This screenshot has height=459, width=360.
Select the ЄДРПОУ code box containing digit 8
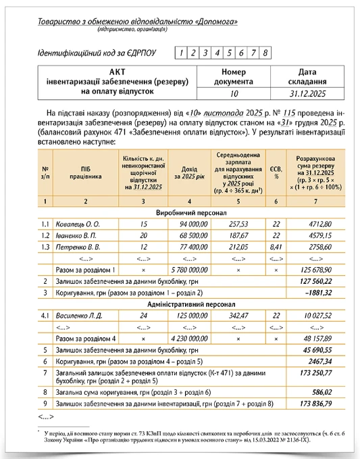point(266,53)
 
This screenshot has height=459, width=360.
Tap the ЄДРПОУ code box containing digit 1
point(180,53)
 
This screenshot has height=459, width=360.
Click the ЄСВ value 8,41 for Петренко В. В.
point(276,247)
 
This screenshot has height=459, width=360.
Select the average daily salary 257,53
point(238,224)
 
